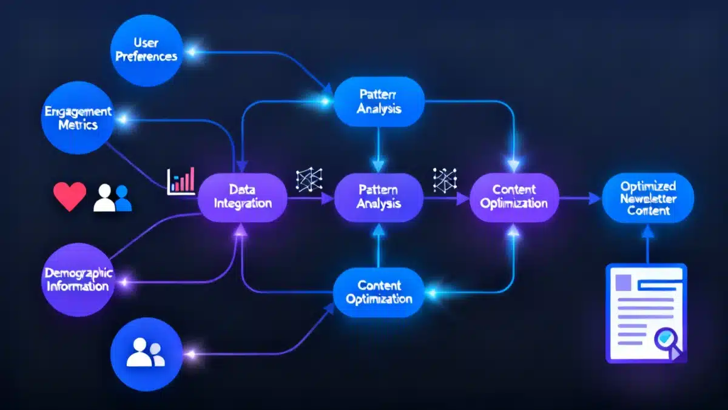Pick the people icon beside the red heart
pyautogui.click(x=113, y=198)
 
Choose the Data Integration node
pyautogui.click(x=243, y=196)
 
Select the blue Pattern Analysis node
pyautogui.click(x=379, y=101)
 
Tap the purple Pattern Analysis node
pyautogui.click(x=379, y=196)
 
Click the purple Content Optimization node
pyautogui.click(x=514, y=196)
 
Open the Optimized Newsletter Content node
pyautogui.click(x=648, y=196)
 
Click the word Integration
pyautogui.click(x=243, y=203)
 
